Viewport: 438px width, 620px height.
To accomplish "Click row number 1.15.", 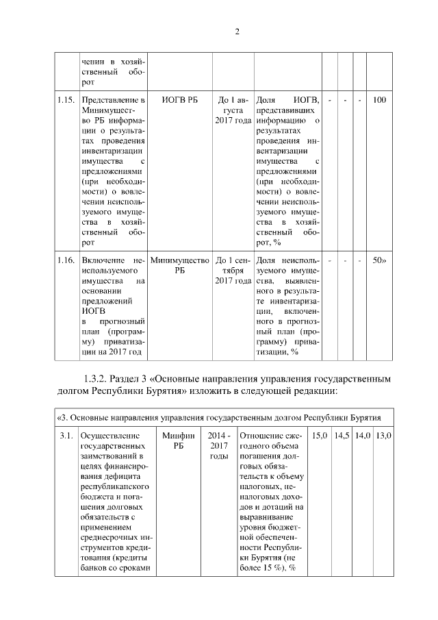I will [66, 101].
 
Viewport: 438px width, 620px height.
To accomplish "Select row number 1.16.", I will [66, 261].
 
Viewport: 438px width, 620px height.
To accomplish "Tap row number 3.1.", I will [66, 436].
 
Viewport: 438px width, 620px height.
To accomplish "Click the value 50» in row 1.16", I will [378, 261].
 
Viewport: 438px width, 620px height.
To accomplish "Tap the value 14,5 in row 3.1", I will [342, 436].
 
